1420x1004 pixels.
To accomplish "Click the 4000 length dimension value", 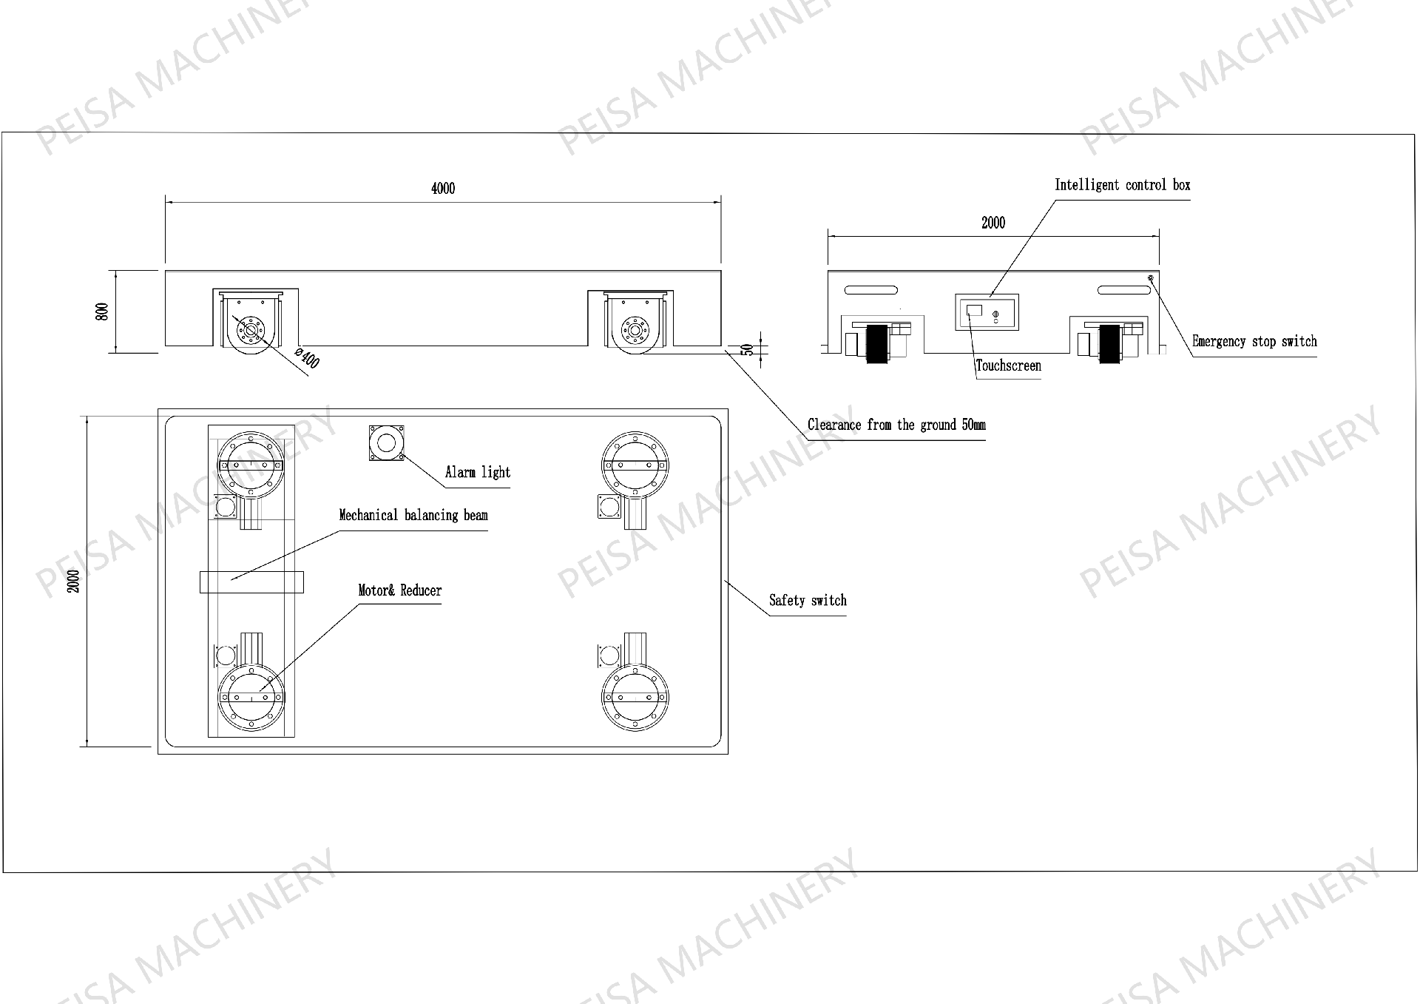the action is (443, 189).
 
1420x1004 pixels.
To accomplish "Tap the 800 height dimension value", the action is (102, 311).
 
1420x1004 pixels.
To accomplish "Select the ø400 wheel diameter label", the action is (307, 358).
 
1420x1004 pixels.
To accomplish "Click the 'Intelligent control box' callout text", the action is (1122, 185).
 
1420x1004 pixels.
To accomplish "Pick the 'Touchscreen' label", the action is (1008, 365).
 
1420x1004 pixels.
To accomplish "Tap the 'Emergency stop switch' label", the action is (1254, 341).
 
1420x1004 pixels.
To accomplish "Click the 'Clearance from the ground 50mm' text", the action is (896, 425).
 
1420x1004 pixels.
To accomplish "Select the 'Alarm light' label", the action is (478, 472).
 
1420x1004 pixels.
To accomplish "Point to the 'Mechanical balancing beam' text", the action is (413, 515).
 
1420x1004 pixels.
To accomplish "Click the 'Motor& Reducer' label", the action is (399, 590).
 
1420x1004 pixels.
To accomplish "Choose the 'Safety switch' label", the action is (808, 600).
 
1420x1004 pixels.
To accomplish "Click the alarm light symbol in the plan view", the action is (387, 443).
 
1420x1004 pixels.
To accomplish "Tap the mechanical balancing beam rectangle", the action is (251, 582).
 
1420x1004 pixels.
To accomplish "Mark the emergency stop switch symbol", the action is (1151, 278).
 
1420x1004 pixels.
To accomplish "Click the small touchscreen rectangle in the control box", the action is (975, 309).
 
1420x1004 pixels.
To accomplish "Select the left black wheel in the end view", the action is (877, 344).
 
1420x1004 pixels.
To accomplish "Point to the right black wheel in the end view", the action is (1109, 344).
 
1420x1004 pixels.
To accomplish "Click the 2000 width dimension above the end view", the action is (993, 223).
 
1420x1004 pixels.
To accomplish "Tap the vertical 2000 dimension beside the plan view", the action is (72, 581).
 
